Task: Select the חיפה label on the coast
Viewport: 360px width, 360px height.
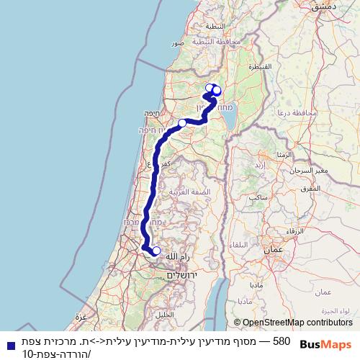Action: (x=151, y=113)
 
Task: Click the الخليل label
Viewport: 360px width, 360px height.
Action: (x=166, y=314)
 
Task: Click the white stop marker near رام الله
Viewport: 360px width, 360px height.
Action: (x=156, y=251)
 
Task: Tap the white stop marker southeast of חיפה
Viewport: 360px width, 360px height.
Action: (x=182, y=123)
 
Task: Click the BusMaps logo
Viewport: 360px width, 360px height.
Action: (x=326, y=344)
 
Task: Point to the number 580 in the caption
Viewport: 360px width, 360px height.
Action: (x=282, y=340)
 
